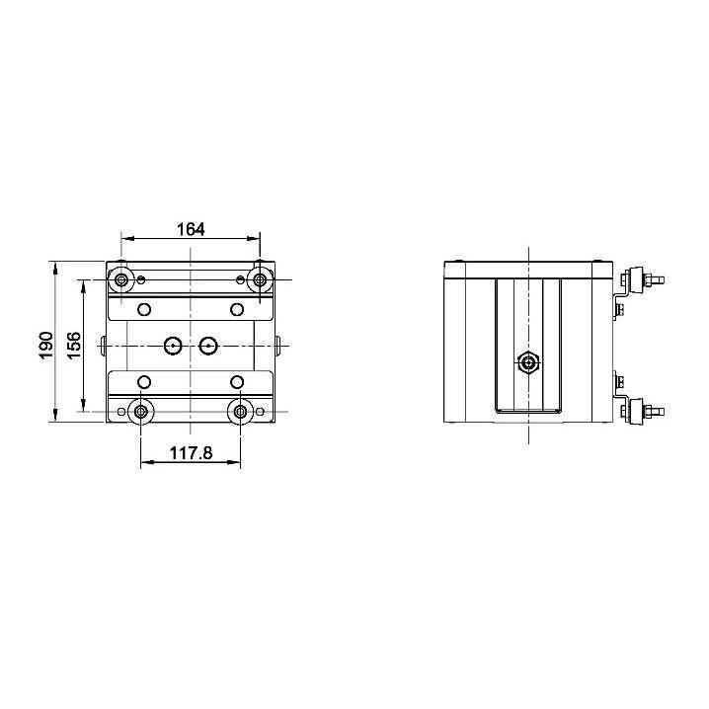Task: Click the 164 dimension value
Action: (191, 229)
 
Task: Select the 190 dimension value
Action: (46, 345)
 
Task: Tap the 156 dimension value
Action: (74, 346)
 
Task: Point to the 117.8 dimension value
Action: (191, 452)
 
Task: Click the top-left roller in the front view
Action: (121, 279)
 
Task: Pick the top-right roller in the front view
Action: (260, 279)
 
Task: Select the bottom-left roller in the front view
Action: (140, 412)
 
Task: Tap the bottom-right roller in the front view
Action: (241, 412)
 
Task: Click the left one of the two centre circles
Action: (173, 346)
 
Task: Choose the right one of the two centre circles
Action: (208, 346)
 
